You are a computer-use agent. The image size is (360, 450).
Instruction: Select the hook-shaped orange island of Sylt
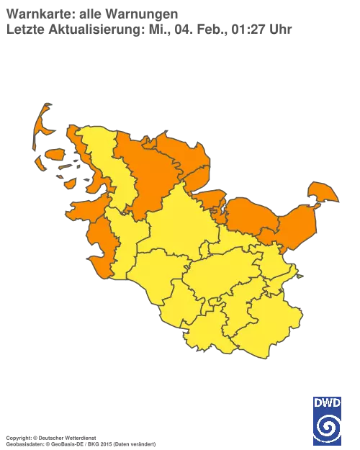[x=42, y=122]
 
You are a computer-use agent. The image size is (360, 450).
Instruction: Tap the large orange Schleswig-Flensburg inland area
[x=148, y=173]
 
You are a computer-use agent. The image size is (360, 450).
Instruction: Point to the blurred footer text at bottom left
[x=79, y=437]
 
